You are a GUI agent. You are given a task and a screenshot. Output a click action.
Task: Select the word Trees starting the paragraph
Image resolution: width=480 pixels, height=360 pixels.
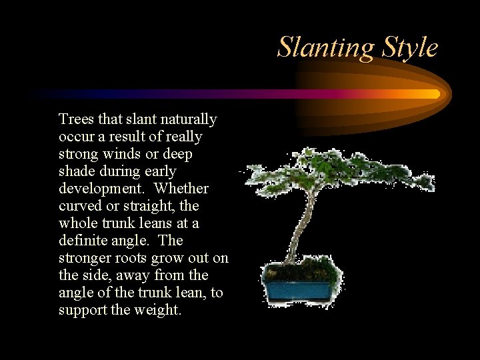coord(76,119)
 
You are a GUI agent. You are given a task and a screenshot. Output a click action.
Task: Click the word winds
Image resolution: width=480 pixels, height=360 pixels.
coord(124,154)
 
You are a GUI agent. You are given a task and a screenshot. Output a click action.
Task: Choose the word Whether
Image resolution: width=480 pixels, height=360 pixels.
coord(183,189)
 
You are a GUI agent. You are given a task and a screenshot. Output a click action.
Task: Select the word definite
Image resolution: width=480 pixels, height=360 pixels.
coord(85,241)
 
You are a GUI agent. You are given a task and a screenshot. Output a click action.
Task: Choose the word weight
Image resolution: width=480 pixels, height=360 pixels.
coord(158,310)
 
